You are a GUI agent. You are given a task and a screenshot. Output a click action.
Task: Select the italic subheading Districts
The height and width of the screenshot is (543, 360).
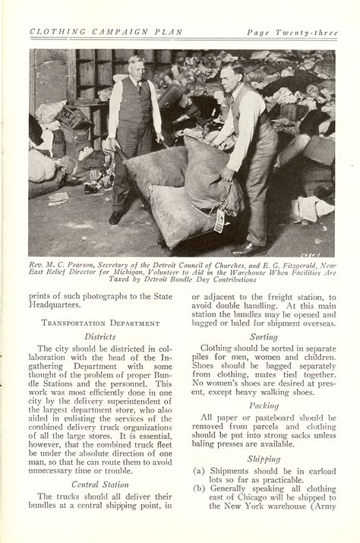click(x=99, y=334)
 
